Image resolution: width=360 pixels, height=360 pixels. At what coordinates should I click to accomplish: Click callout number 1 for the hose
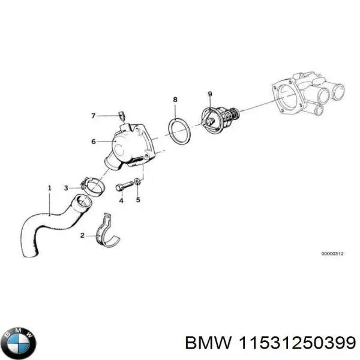pos(49,188)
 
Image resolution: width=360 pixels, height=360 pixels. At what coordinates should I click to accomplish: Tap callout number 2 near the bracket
pos(82,236)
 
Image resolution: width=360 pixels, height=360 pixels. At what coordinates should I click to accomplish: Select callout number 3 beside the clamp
pos(66,188)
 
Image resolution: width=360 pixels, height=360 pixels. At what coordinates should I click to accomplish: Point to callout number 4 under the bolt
pos(121,201)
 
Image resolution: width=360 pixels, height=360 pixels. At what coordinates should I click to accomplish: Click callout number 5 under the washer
pos(138,201)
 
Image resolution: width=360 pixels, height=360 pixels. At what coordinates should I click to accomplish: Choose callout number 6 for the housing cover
pos(94,142)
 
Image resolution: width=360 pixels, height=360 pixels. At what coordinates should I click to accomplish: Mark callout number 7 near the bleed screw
pos(93,115)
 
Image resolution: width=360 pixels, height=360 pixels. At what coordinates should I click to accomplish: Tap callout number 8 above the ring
pos(175,98)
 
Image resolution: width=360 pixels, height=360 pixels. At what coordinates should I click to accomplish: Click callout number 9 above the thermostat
pos(209,94)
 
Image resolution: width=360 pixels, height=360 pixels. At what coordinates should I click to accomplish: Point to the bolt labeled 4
pos(123,185)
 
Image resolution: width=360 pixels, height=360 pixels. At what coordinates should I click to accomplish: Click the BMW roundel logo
pos(19,344)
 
